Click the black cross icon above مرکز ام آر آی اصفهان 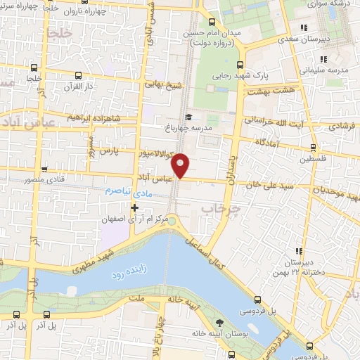(135, 207)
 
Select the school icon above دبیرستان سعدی (303, 28)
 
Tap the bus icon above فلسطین (313, 148)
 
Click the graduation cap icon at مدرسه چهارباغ (188, 117)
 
